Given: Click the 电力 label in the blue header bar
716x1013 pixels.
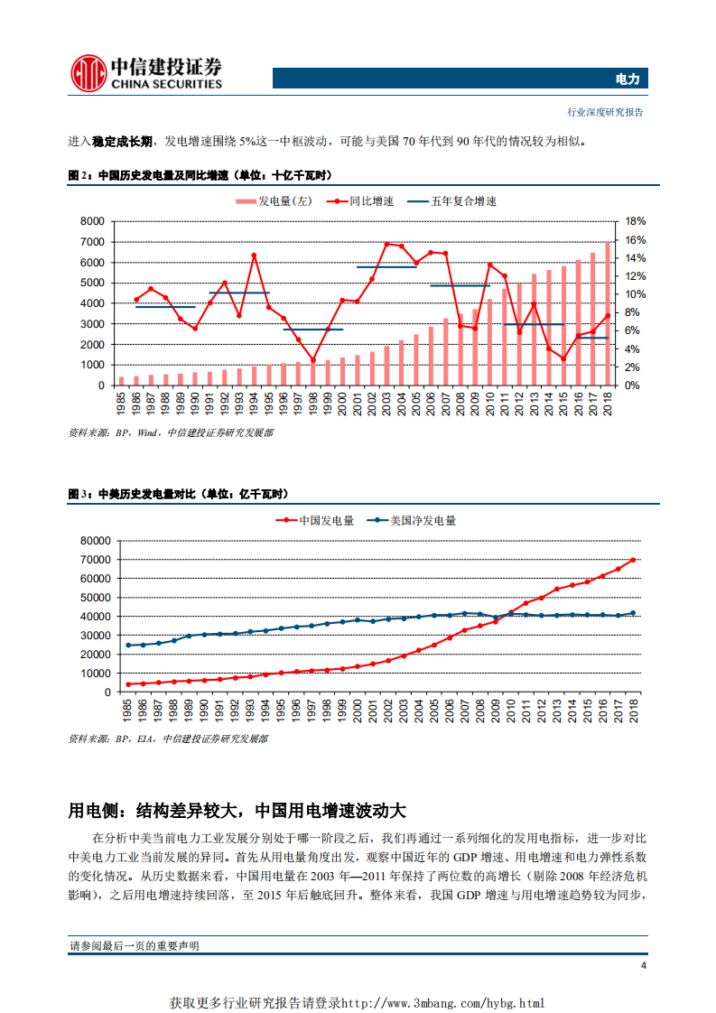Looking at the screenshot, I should pos(627,79).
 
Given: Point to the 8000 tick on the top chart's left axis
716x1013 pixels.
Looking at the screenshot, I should pos(93,221).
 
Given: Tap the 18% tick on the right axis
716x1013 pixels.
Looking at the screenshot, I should pos(635,221).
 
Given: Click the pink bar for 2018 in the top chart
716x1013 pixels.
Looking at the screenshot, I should pos(609,313).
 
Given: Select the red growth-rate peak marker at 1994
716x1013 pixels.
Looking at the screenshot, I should pos(254,255).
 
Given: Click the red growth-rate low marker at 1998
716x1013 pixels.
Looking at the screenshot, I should pos(313,360).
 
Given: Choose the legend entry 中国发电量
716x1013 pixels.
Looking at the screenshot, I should pos(315,520).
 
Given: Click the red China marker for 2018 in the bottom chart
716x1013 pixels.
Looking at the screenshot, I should pos(633,560).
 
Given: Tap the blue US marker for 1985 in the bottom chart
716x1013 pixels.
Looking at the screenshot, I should pos(128,646).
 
